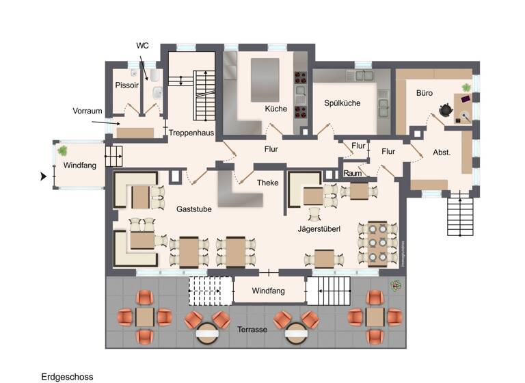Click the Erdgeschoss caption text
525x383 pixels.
[x=67, y=376]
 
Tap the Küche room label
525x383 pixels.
[x=276, y=109]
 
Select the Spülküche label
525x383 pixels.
[x=342, y=103]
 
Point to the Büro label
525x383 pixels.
[x=425, y=92]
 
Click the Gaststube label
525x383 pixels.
[x=193, y=209]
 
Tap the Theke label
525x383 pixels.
[x=267, y=183]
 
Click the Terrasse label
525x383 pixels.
[x=252, y=329]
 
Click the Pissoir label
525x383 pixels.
[x=127, y=85]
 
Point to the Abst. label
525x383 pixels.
[x=442, y=153]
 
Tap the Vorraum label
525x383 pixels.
[x=87, y=110]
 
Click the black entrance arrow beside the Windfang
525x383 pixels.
[x=44, y=176]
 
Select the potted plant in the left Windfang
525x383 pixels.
[x=63, y=150]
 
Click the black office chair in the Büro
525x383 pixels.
[x=445, y=109]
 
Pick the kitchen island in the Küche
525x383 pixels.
[x=265, y=79]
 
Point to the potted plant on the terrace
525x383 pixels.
[x=395, y=285]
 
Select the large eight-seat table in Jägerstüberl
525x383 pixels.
[x=377, y=243]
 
